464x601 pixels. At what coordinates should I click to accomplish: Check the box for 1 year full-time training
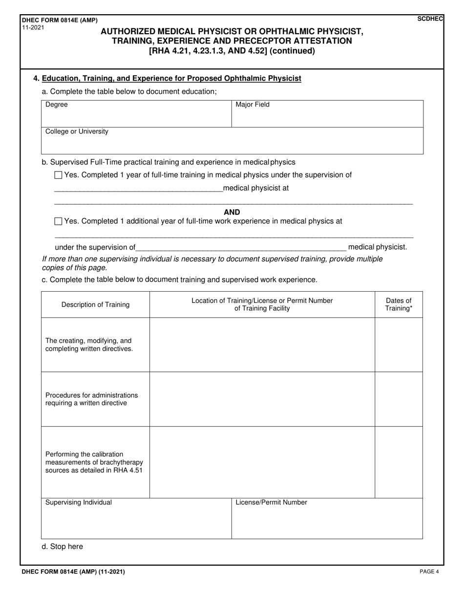(x=58, y=175)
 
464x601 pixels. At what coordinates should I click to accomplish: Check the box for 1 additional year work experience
(x=58, y=221)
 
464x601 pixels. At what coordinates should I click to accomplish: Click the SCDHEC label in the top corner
(x=430, y=19)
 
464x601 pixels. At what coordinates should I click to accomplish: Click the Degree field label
(x=57, y=105)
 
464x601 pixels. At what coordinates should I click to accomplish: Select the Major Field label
(x=253, y=105)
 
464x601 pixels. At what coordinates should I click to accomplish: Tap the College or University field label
(x=77, y=131)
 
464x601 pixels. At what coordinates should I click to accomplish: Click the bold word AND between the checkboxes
(x=232, y=212)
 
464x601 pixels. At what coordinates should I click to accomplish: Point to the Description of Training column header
(x=95, y=304)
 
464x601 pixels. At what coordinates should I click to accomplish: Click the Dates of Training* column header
(x=399, y=304)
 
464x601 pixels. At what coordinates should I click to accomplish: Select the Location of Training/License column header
(x=262, y=304)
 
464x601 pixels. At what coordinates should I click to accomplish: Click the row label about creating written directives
(x=89, y=344)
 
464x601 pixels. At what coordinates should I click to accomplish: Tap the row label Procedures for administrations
(x=91, y=399)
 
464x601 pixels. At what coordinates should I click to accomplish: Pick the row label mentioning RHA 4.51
(x=94, y=462)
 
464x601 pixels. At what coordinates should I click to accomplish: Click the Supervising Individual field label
(x=79, y=502)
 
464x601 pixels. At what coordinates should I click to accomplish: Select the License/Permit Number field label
(x=272, y=502)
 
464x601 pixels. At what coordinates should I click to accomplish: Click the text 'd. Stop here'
(x=63, y=546)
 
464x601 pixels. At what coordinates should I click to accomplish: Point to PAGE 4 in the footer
(x=429, y=571)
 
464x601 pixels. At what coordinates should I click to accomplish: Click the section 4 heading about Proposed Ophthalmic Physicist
(x=171, y=78)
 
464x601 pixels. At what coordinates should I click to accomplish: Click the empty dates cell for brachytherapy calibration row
(x=399, y=462)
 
